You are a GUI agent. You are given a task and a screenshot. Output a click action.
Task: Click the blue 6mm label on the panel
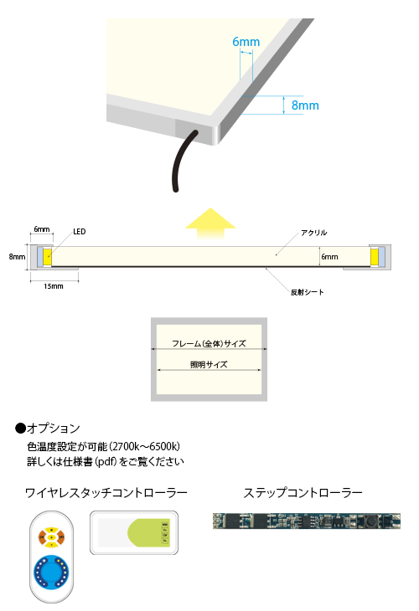[x=246, y=42]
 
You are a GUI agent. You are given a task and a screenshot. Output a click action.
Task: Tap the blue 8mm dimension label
[x=305, y=105]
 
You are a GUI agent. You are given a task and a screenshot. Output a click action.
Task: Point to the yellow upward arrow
[x=210, y=223]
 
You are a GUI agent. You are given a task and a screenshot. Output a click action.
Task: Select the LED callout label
[x=80, y=232]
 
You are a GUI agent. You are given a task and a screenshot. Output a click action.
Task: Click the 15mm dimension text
[x=54, y=286]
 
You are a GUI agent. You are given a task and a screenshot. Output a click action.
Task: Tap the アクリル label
[x=313, y=233]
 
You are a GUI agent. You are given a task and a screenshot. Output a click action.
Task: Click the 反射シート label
[x=307, y=292]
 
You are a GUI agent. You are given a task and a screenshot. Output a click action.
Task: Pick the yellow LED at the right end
[x=374, y=257]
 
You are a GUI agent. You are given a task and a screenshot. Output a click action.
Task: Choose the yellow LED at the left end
[x=48, y=257]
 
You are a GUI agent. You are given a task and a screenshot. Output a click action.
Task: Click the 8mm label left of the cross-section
[x=17, y=257]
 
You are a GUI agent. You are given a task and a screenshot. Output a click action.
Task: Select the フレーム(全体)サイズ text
[x=209, y=343]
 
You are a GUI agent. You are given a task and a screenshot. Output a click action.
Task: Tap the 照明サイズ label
[x=209, y=364]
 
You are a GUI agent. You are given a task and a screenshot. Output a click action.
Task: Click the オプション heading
[x=48, y=429]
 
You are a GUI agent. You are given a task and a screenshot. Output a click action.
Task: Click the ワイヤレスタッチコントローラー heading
[x=106, y=493]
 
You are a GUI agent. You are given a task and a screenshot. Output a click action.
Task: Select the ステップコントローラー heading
[x=303, y=493]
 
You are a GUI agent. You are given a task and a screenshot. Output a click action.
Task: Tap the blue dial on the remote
[x=51, y=572]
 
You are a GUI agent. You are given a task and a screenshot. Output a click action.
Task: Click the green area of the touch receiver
[x=148, y=532]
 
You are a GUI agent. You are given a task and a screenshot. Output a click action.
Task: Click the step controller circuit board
[x=307, y=521]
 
